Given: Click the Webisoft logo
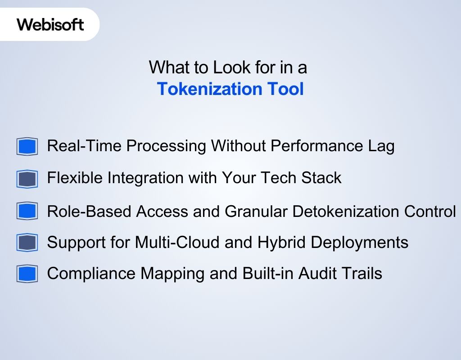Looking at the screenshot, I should point(50,24).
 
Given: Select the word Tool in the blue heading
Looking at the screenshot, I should point(285,89).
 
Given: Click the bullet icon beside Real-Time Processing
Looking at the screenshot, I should point(27,147).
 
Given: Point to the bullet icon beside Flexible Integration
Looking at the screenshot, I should point(27,179).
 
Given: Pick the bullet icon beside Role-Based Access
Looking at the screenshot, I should point(27,211).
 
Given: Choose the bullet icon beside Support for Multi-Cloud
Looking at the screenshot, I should point(27,243).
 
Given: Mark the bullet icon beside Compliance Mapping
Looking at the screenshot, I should point(27,274).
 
